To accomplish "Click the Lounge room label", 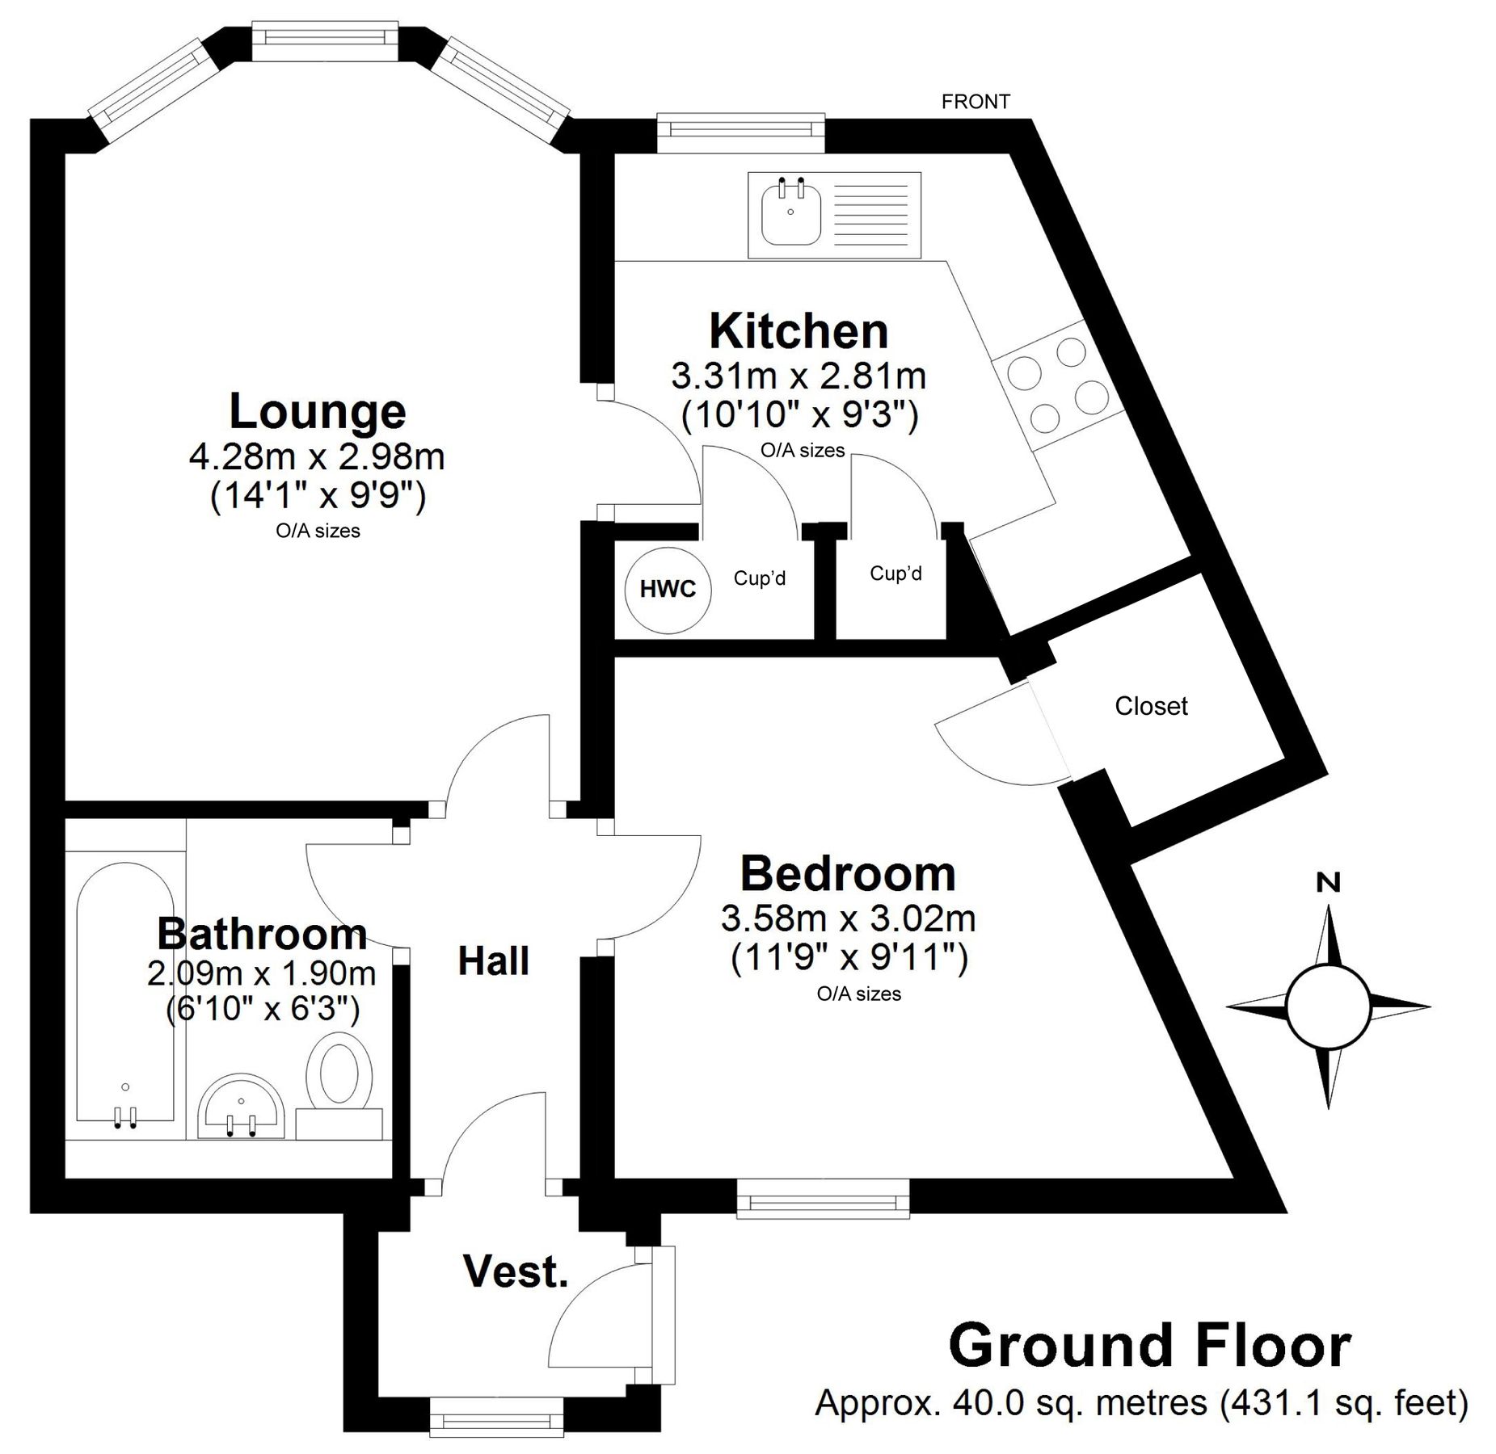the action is click(x=318, y=411).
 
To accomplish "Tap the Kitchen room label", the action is click(x=798, y=330).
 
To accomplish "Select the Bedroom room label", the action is click(x=848, y=873).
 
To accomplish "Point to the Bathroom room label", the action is click(x=262, y=934).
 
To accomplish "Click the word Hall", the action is click(x=493, y=960).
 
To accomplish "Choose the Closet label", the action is click(x=1151, y=706).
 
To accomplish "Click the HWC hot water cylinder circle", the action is click(x=668, y=590).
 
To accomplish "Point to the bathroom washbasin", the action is click(x=241, y=1106).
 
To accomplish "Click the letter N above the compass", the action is click(x=1328, y=883).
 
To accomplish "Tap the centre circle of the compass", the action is click(x=1328, y=1007).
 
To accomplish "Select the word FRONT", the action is click(x=976, y=102).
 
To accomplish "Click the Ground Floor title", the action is click(x=1150, y=1345).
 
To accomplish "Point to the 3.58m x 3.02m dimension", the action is click(x=849, y=918).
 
